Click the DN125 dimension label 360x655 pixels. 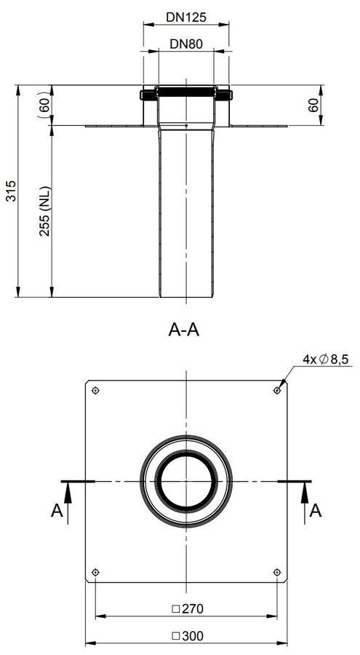pos(186,17)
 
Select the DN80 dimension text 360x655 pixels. pos(186,44)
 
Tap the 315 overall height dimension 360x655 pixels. pos(12,191)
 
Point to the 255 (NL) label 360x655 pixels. pos(44,211)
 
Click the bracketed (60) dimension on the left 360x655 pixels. pos(44,106)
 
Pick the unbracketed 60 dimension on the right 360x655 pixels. pos(313,106)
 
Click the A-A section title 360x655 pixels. pos(184,330)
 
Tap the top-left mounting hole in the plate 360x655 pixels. pos(96,391)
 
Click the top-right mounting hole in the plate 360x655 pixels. pos(276,391)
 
